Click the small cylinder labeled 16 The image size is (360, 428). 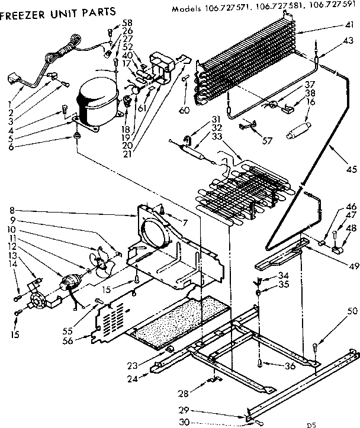pos(299,128)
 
